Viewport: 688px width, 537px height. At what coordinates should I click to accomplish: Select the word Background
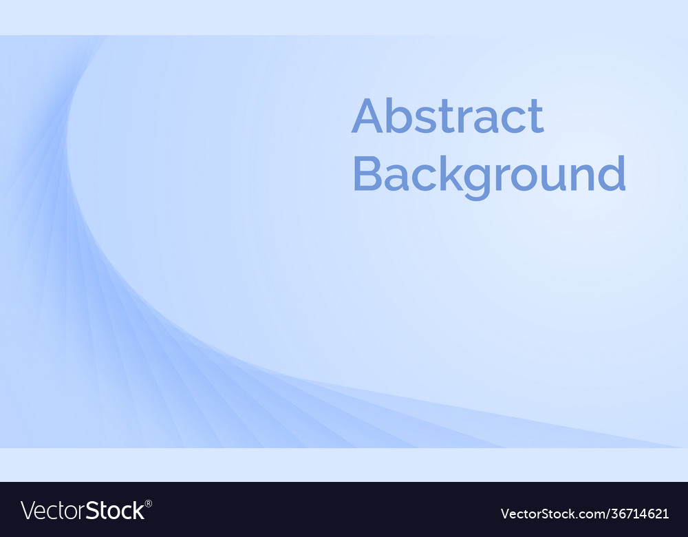point(488,175)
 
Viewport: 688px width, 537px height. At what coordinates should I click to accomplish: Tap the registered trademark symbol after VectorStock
point(149,504)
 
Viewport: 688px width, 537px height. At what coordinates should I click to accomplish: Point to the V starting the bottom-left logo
point(28,511)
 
